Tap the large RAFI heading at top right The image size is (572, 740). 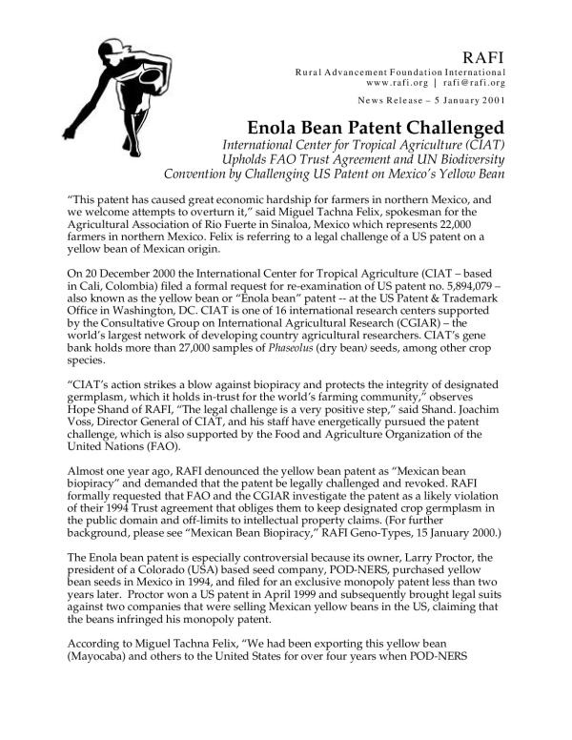pyautogui.click(x=482, y=55)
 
